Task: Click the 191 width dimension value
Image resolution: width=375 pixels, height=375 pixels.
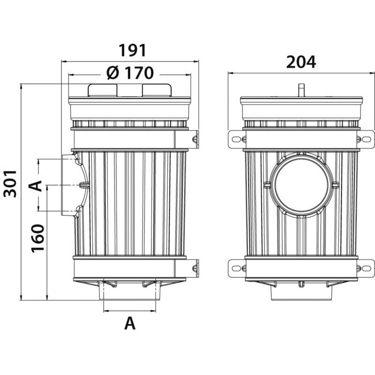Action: [x=132, y=51]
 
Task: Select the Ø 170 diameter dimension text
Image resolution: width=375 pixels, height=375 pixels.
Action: [x=130, y=73]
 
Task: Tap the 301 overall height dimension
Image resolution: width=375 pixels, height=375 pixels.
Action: [x=10, y=184]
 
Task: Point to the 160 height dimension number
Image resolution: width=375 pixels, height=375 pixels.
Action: [x=38, y=238]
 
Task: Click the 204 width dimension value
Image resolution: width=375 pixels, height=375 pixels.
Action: [x=301, y=62]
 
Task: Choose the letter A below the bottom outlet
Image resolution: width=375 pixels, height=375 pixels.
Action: [x=130, y=323]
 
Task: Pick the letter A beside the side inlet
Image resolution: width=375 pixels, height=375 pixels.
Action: [x=35, y=186]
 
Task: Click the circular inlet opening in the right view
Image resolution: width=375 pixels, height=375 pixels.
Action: [x=301, y=185]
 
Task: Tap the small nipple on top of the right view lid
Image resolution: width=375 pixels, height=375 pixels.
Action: [x=301, y=90]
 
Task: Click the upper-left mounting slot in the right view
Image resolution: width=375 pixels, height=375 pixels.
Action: [x=236, y=139]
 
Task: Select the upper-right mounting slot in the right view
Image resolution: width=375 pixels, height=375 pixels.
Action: [x=367, y=139]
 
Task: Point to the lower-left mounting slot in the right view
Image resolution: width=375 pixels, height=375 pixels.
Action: [x=236, y=268]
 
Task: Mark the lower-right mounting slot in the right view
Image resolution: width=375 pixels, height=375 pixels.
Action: [x=367, y=268]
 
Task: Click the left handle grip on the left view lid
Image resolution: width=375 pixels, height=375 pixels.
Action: [x=103, y=90]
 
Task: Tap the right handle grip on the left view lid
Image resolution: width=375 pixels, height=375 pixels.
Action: [x=157, y=90]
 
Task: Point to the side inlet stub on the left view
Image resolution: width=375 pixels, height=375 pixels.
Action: [x=69, y=185]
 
